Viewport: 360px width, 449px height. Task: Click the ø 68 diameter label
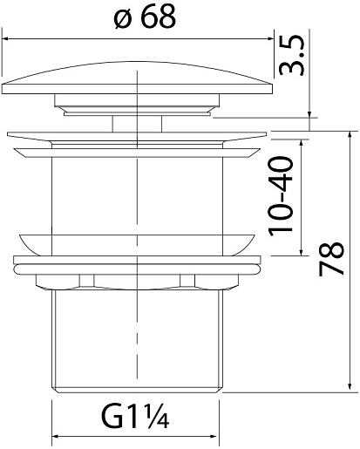coord(146,17)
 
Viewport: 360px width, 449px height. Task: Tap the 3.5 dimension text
coord(291,55)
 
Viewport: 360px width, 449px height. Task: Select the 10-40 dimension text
coord(281,197)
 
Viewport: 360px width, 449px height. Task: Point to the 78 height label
coord(331,259)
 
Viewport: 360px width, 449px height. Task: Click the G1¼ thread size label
coord(135,418)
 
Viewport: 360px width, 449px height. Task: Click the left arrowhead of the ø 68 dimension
coord(5,38)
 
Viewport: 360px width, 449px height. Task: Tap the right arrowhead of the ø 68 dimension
coord(270,38)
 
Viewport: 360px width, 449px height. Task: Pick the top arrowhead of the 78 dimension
coord(350,135)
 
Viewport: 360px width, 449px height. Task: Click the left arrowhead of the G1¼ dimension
coord(56,437)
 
